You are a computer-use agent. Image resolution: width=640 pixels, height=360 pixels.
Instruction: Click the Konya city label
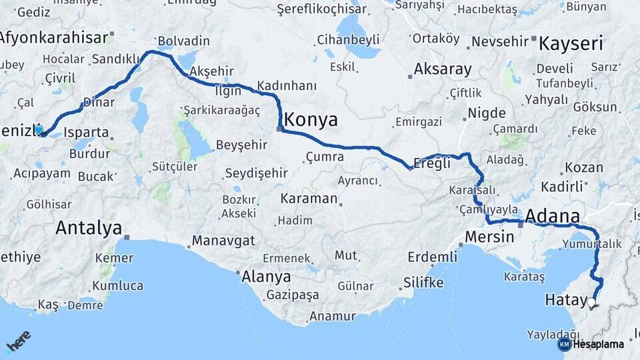coord(311,120)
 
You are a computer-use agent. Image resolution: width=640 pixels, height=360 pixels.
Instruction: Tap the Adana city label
coord(552,216)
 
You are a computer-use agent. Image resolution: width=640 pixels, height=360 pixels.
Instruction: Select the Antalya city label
coord(89,228)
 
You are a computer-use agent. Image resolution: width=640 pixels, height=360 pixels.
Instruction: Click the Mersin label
coord(489,237)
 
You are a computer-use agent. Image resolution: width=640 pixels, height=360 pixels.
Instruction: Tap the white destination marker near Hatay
coord(591,303)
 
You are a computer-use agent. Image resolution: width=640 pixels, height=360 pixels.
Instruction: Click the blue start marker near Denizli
coord(39,129)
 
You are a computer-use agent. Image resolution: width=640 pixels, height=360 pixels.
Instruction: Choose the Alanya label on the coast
coord(266,276)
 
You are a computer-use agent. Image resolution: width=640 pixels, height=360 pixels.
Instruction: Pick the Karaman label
coord(309,199)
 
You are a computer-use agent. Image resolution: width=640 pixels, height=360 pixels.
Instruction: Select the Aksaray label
coord(443,69)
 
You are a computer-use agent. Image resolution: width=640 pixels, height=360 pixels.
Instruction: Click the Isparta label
coord(87,132)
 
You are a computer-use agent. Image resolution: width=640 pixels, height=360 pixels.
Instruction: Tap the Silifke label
coord(423,283)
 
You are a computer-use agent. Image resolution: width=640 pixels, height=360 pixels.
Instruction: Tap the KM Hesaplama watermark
coord(591,345)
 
